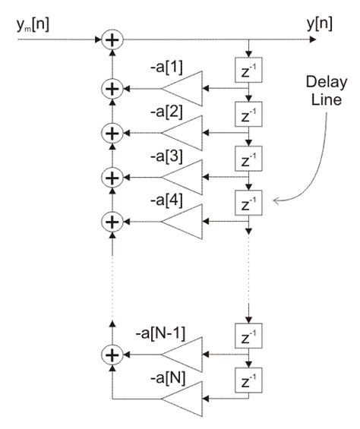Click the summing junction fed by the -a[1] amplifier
point(112,89)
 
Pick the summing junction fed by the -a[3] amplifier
point(112,177)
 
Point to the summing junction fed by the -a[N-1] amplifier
point(112,354)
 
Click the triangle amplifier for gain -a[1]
point(183,89)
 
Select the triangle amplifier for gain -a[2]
point(183,133)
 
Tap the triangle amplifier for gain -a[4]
point(183,221)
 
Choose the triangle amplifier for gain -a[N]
point(183,398)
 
